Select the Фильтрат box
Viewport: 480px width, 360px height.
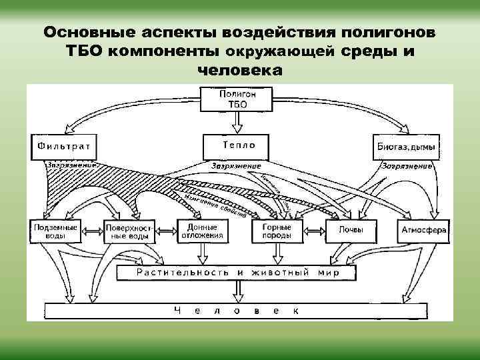[x=64, y=146]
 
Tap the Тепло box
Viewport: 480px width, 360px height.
[x=238, y=145]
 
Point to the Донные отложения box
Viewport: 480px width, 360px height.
[x=201, y=231]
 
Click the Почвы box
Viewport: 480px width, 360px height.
[x=350, y=231]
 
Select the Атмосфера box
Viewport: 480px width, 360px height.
[x=423, y=231]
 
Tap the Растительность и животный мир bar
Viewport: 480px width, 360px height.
[x=238, y=272]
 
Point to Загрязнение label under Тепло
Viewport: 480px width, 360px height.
[x=237, y=165]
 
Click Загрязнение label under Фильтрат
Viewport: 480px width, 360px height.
[x=71, y=164]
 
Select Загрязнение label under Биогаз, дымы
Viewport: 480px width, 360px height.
[x=407, y=165]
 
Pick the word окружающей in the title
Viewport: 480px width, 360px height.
[x=283, y=51]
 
